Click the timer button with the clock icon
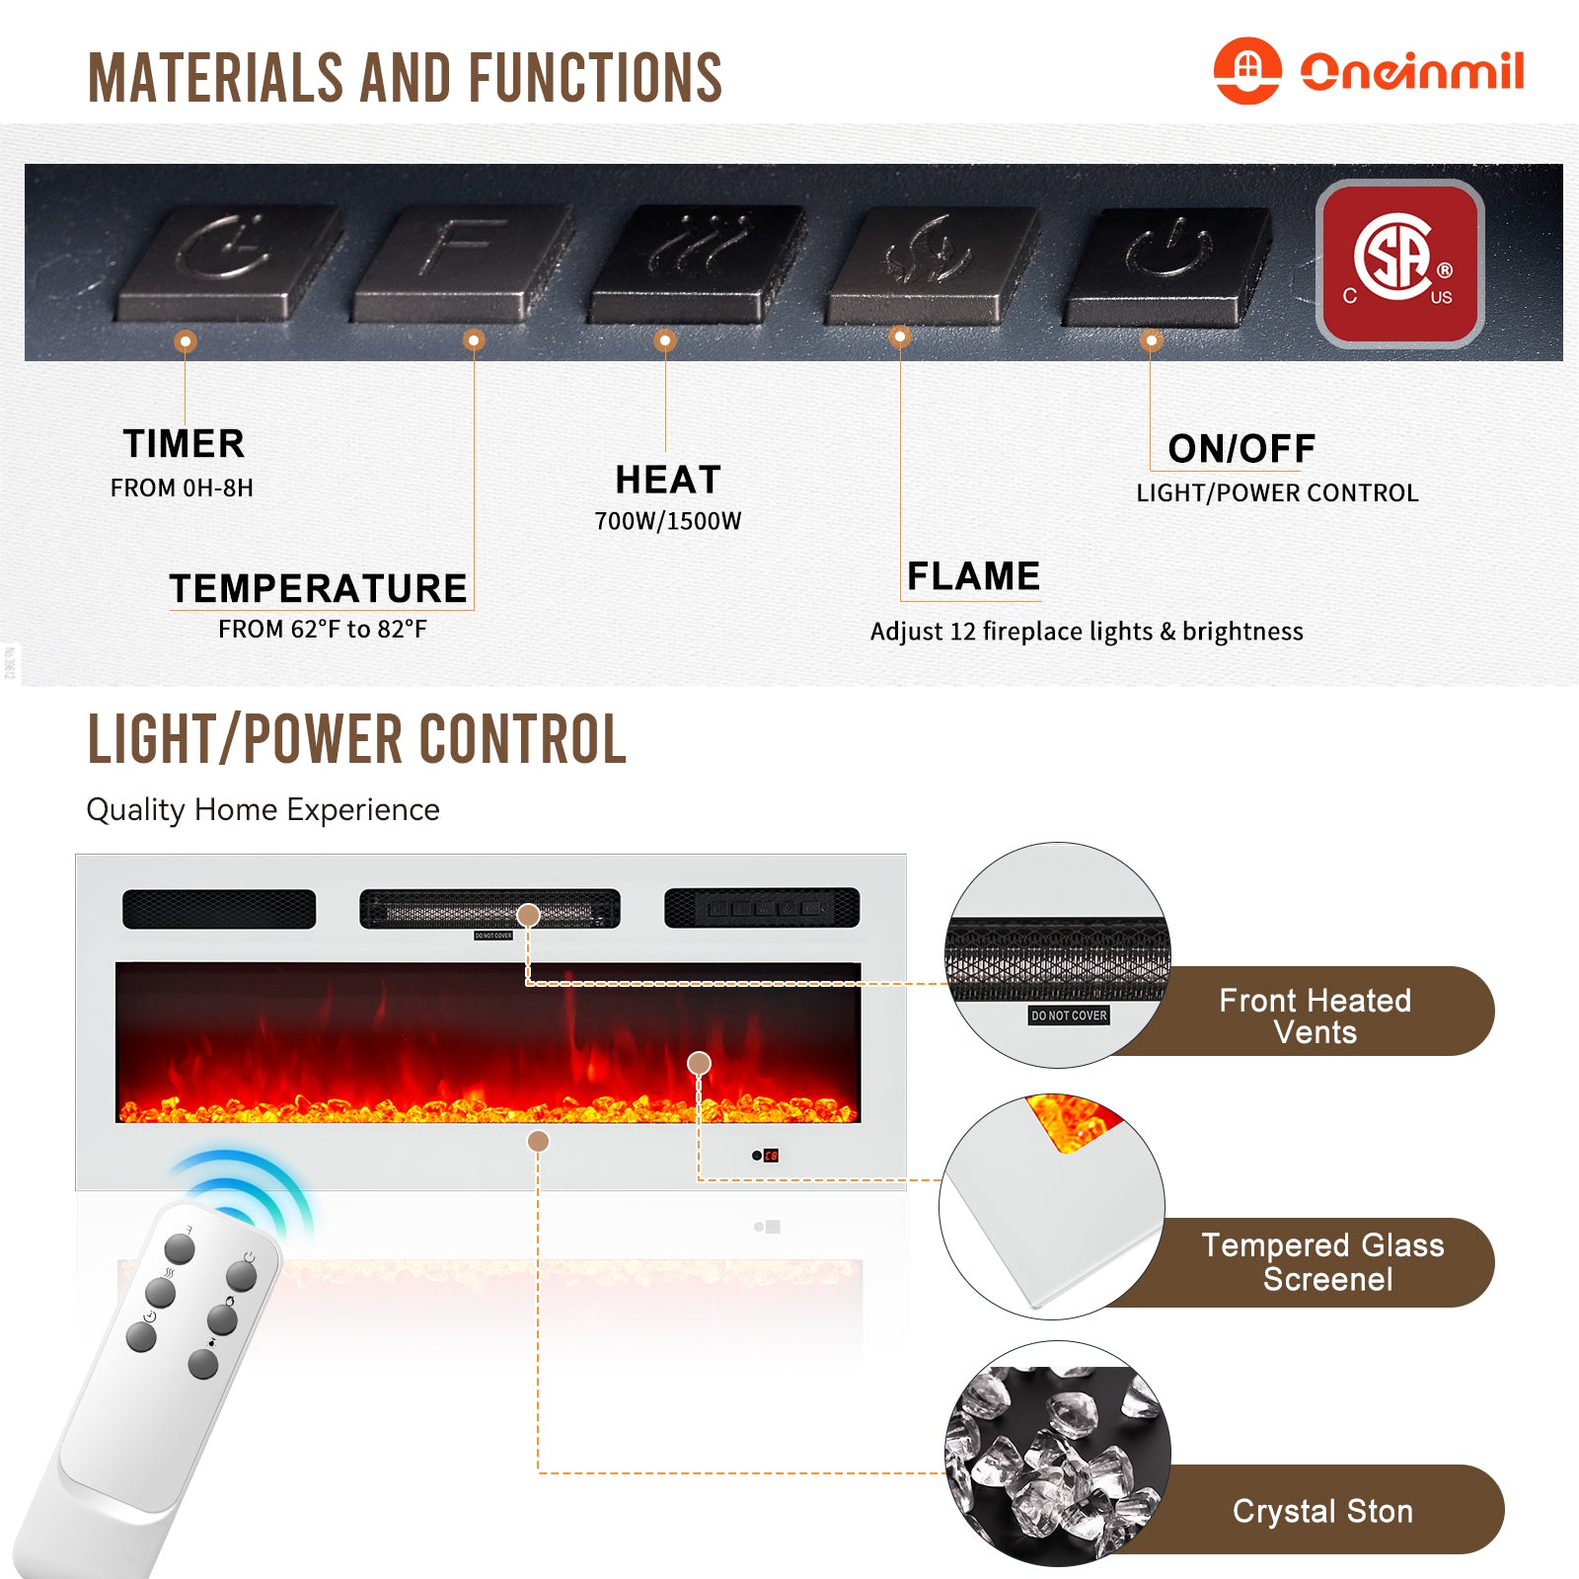230,263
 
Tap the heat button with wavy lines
697,263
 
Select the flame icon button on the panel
932,264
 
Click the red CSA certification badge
1400,263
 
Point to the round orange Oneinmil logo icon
1247,71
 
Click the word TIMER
184,444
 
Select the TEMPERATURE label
318,588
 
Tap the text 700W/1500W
668,521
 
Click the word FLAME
973,576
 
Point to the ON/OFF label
1241,449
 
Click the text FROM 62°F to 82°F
323,630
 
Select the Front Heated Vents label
1316,1015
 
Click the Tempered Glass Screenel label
1323,1262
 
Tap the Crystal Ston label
1323,1511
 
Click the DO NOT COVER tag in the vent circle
1069,1015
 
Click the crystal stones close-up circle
1058,1453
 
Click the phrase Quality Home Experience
263,810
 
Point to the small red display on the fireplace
772,1156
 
